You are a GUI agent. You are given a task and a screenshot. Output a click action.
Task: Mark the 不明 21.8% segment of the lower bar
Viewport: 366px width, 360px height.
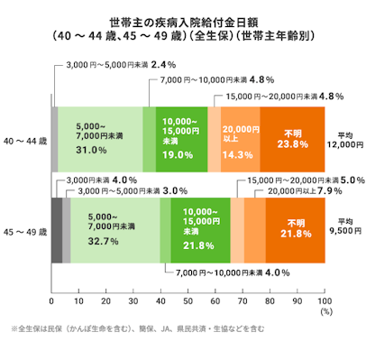click(x=296, y=230)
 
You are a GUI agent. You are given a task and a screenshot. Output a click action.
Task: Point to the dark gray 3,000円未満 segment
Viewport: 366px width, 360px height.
click(x=56, y=230)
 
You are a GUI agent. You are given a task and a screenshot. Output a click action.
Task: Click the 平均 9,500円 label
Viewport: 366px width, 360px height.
click(x=345, y=230)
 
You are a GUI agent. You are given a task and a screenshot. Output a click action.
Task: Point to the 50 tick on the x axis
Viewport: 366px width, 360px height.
click(x=188, y=300)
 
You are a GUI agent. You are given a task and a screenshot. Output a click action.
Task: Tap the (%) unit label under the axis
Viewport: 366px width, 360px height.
click(x=325, y=311)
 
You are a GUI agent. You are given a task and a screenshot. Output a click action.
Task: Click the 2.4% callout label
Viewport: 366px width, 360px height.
click(x=162, y=65)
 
